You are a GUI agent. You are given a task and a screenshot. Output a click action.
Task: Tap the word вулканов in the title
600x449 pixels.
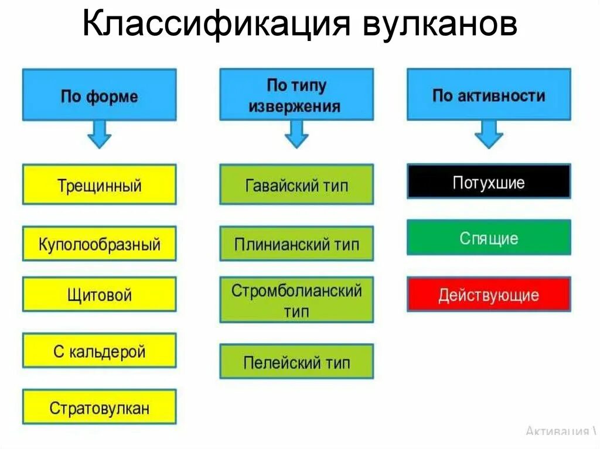[x=441, y=26]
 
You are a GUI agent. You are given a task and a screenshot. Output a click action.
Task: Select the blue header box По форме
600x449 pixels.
[x=99, y=95]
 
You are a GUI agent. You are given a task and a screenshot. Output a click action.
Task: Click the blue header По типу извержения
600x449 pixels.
[x=296, y=95]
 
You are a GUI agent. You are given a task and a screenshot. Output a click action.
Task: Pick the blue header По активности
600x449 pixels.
[x=489, y=95]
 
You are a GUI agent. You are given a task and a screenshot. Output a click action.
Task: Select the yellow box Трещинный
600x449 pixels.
[x=99, y=185]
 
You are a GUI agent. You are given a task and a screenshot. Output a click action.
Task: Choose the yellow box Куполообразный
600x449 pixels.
[x=99, y=244]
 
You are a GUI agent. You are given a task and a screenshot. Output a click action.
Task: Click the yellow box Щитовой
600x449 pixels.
[x=99, y=294]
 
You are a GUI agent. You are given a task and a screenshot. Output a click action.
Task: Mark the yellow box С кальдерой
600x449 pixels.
[x=99, y=351]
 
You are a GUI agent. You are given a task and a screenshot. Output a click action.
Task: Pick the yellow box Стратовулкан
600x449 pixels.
[x=99, y=407]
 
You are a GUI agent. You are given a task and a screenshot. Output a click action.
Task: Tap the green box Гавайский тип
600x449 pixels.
[x=296, y=185]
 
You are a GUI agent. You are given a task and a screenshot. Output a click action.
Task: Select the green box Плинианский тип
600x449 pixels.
[x=296, y=244]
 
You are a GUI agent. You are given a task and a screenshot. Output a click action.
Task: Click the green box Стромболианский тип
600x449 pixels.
[x=296, y=300]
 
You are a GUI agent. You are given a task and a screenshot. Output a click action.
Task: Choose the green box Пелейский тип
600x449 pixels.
[x=296, y=362]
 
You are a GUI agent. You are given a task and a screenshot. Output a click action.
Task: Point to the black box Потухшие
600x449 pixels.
[x=489, y=182]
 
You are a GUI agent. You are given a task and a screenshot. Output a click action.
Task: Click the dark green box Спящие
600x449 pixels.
[x=489, y=238]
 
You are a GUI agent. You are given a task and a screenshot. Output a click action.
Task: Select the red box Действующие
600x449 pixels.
[x=489, y=294]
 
